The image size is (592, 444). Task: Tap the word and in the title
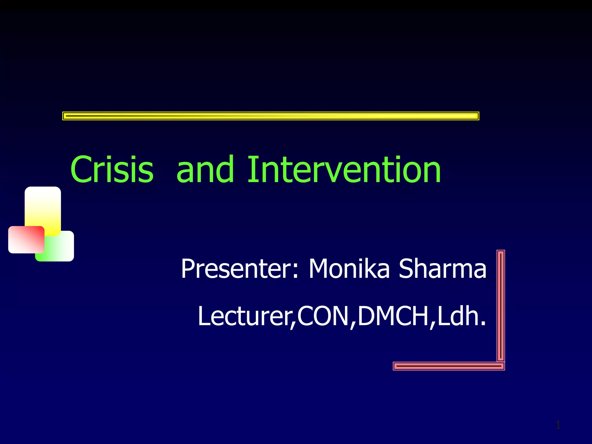click(x=205, y=170)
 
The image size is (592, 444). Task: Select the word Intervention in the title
click(x=344, y=170)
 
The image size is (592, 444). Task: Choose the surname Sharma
click(x=442, y=269)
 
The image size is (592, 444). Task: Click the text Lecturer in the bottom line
click(x=246, y=317)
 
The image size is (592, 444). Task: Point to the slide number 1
click(x=558, y=425)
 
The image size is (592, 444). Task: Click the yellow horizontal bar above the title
click(x=271, y=116)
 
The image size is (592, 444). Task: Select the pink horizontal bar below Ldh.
click(x=449, y=366)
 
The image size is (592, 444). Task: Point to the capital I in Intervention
click(x=252, y=170)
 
